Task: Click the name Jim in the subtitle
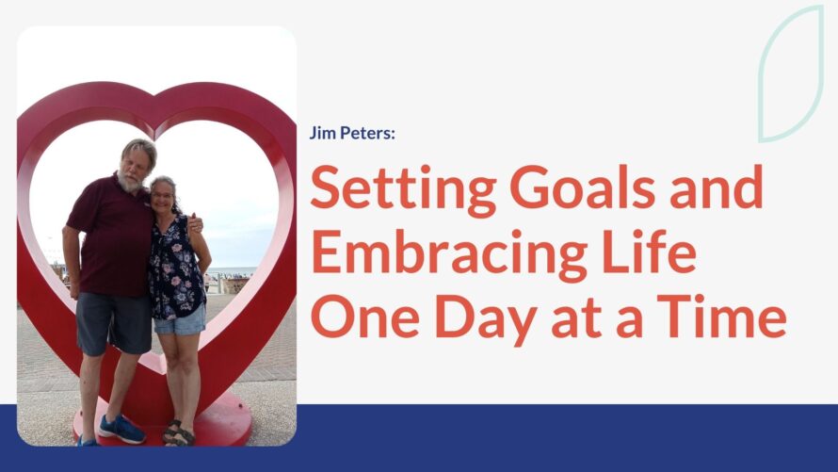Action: [x=322, y=133]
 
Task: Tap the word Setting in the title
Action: [x=404, y=189]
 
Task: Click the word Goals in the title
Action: [x=583, y=187]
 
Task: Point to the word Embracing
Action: [x=449, y=253]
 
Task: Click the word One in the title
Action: [x=365, y=316]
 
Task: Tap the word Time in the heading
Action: [x=721, y=316]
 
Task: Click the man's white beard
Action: [x=129, y=182]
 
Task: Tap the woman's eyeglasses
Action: [x=161, y=195]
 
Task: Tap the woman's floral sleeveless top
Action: [x=175, y=268]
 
